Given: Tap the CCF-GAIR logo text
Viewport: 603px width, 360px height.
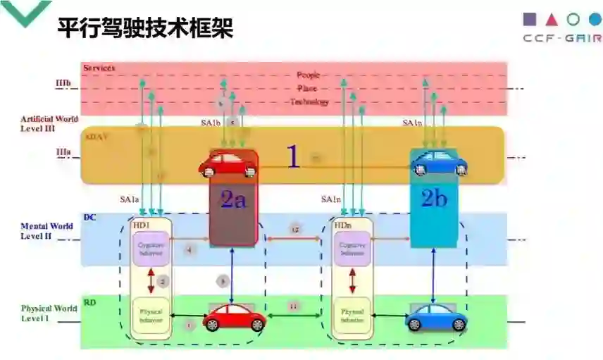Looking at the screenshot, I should pyautogui.click(x=562, y=39).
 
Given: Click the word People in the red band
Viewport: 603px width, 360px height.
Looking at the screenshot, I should pyautogui.click(x=308, y=75).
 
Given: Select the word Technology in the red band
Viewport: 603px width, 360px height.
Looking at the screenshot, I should pyautogui.click(x=309, y=102).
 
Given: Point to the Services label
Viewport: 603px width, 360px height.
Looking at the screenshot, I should pyautogui.click(x=99, y=68).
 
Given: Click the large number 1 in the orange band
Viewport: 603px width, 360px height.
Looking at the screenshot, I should pyautogui.click(x=293, y=157).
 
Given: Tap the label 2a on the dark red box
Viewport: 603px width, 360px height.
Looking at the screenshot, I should pyautogui.click(x=233, y=200).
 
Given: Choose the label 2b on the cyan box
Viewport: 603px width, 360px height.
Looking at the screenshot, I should pyautogui.click(x=434, y=199).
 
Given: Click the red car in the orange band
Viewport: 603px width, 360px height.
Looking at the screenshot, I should pyautogui.click(x=228, y=165).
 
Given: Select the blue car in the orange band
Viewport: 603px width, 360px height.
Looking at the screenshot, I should pyautogui.click(x=439, y=163).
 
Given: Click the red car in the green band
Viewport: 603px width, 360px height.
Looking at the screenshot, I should pyautogui.click(x=234, y=318).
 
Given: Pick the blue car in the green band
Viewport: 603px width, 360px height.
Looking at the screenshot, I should pyautogui.click(x=436, y=318).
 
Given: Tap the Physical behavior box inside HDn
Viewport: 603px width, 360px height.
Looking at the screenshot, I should pyautogui.click(x=352, y=315).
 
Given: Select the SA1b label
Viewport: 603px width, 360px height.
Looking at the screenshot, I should pyautogui.click(x=211, y=123).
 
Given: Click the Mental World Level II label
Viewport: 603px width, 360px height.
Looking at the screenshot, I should pyautogui.click(x=46, y=230).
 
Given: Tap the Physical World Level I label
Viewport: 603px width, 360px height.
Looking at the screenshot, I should pyautogui.click(x=49, y=313).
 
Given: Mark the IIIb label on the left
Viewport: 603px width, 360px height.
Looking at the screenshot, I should pyautogui.click(x=63, y=83).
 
